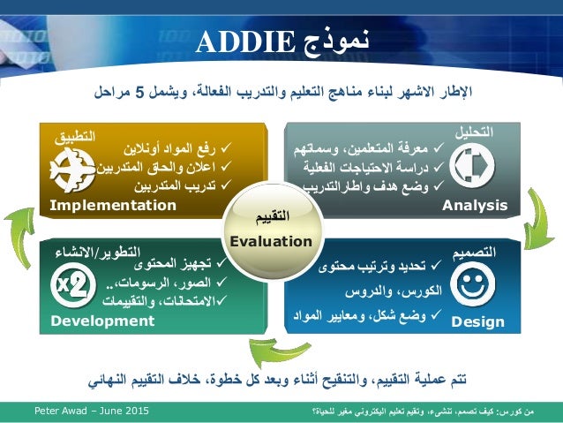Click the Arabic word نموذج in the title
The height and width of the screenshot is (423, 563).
334,42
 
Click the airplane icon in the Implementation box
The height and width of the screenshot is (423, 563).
72,169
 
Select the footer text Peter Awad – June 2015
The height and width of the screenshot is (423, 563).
92,412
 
